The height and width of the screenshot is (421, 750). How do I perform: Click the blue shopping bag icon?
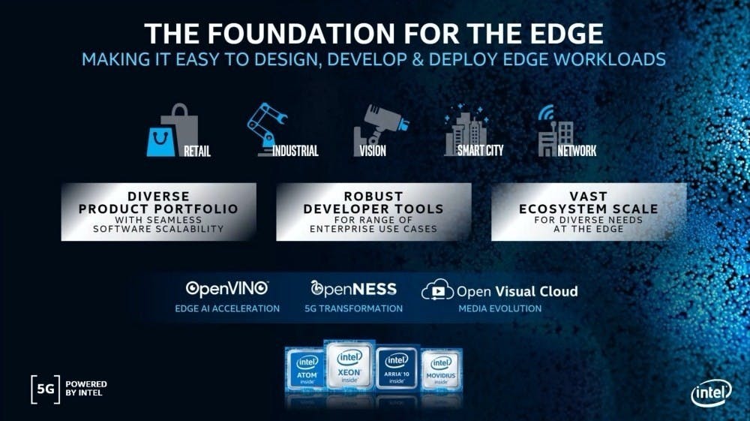161,142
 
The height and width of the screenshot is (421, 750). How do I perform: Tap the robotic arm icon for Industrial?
266,129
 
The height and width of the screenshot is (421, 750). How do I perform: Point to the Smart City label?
480,151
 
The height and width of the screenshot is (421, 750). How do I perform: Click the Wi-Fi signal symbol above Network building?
546,113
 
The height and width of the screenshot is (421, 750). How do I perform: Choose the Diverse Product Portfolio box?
159,212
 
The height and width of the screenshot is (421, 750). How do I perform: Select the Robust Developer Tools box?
373,212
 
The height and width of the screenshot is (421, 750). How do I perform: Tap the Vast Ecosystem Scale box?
589,212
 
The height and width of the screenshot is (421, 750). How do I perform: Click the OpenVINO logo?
226,288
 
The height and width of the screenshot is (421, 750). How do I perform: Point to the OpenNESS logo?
353,288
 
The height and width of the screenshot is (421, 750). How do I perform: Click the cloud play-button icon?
437,290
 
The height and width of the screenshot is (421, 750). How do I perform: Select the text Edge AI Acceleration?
227,308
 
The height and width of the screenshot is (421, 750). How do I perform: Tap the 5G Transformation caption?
353,308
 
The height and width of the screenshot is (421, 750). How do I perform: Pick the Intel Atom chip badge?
307,370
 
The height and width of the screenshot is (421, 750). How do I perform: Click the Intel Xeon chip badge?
349,365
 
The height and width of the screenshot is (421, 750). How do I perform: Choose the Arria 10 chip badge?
397,368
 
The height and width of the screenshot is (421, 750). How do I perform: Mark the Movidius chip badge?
440,370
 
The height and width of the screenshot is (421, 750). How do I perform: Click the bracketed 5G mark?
46,389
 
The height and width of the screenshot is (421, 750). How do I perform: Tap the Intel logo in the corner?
711,393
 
